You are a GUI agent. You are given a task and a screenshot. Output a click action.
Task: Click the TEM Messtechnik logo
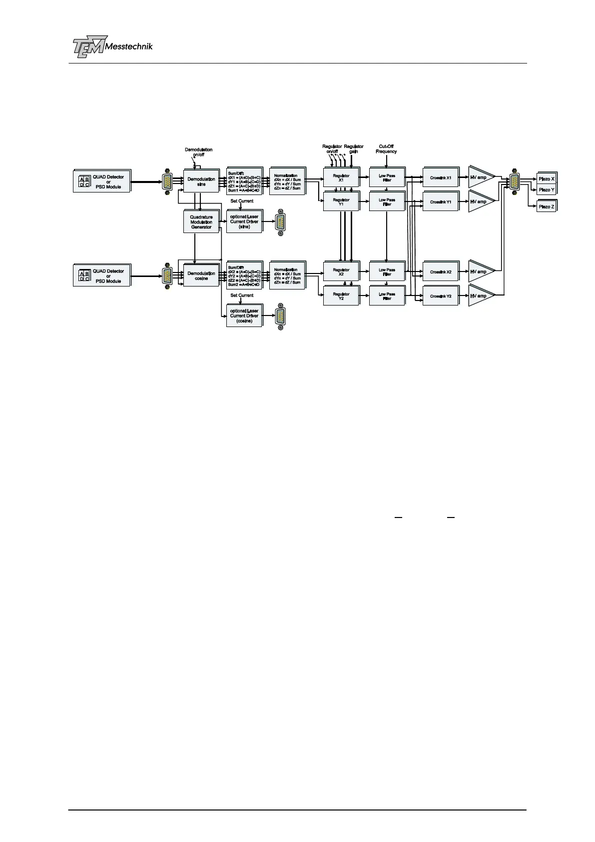click(x=112, y=46)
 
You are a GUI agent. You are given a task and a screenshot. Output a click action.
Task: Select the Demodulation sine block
click(x=201, y=181)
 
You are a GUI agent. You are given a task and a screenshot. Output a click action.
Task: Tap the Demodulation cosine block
click(x=201, y=275)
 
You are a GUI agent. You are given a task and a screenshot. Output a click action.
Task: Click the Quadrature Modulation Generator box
click(x=201, y=222)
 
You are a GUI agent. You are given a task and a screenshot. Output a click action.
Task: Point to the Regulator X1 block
click(x=341, y=178)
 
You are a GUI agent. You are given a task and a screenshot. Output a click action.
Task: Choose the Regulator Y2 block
click(x=341, y=296)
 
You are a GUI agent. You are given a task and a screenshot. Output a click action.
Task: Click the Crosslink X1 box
click(x=441, y=178)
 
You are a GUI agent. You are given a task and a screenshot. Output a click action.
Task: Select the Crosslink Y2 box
click(x=441, y=296)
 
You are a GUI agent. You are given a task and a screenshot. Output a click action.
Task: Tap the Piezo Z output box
click(x=546, y=206)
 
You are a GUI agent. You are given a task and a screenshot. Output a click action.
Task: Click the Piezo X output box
click(x=546, y=178)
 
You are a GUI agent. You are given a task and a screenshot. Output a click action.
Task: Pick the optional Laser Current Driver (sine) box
click(x=244, y=221)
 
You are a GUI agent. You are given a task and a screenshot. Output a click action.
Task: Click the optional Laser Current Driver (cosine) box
click(x=244, y=316)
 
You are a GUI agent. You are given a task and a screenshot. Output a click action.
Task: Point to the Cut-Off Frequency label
click(x=386, y=149)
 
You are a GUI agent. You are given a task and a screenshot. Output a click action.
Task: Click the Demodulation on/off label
click(x=198, y=152)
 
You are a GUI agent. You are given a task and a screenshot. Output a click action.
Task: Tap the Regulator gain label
click(x=354, y=149)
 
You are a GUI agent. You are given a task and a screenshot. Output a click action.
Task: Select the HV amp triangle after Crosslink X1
click(x=480, y=177)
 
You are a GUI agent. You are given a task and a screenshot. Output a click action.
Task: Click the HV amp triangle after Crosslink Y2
click(x=480, y=296)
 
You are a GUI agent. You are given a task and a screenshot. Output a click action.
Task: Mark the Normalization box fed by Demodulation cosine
click(x=287, y=276)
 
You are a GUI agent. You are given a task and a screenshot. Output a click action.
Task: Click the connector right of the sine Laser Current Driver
click(x=280, y=222)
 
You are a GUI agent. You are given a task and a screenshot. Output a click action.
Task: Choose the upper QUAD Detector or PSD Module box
click(x=102, y=181)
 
